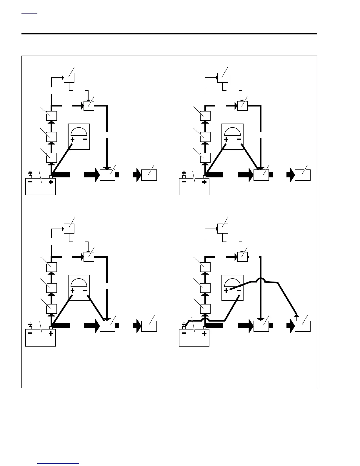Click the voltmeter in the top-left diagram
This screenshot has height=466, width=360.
click(x=79, y=136)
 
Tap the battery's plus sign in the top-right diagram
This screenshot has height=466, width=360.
click(x=204, y=182)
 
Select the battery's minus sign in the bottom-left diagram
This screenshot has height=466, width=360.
click(x=30, y=333)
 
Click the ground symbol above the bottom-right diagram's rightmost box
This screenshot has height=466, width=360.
click(x=296, y=316)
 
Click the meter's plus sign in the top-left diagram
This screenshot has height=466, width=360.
click(x=72, y=139)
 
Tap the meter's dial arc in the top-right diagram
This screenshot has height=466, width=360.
click(x=232, y=131)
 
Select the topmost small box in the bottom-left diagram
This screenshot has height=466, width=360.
click(x=69, y=228)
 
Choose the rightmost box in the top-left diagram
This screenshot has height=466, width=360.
click(x=149, y=175)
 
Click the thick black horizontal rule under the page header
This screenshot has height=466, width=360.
click(x=169, y=34)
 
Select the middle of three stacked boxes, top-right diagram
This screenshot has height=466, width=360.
click(x=205, y=137)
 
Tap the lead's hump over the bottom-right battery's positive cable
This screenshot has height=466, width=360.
click(x=204, y=319)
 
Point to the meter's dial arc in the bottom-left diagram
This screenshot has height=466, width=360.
click(x=79, y=282)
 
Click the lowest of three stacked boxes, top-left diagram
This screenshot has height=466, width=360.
click(x=52, y=158)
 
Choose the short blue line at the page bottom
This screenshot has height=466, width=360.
click(x=58, y=464)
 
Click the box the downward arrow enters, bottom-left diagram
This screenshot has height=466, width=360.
click(x=108, y=326)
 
